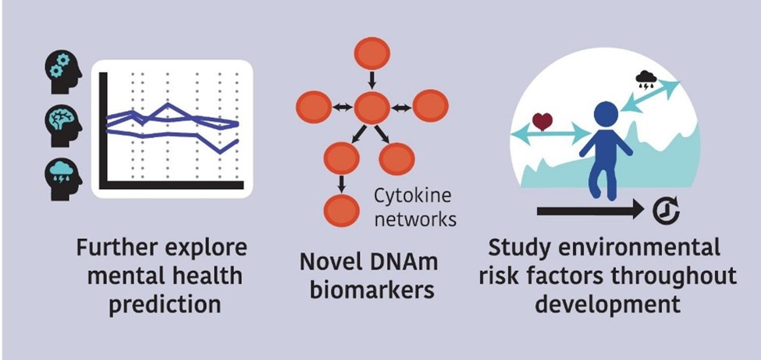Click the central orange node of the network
pyautogui.click(x=372, y=107)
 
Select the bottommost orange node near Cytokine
pyautogui.click(x=341, y=210)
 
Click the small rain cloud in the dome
pyautogui.click(x=646, y=78)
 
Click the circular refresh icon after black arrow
pyautogui.click(x=670, y=210)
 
